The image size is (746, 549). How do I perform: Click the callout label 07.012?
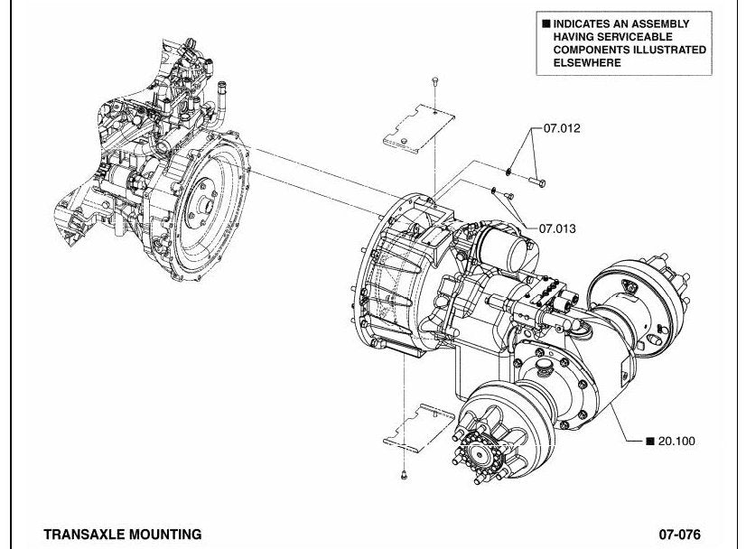[x=562, y=128]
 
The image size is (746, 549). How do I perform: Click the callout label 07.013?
[x=557, y=228]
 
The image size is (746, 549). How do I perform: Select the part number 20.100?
[x=676, y=441]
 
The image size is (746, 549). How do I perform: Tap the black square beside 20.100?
[x=650, y=441]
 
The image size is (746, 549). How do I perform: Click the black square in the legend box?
[x=546, y=23]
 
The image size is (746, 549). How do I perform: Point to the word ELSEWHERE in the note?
[x=587, y=62]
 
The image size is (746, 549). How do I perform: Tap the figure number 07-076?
[x=679, y=535]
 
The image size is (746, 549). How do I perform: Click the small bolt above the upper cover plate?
[x=434, y=81]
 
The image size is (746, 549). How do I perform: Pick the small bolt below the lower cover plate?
[x=404, y=474]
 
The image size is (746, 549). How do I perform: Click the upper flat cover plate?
[x=419, y=128]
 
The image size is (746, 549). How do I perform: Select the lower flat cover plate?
[x=419, y=428]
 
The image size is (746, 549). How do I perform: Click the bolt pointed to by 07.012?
[x=537, y=181]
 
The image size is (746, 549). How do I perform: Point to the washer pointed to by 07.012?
[x=509, y=172]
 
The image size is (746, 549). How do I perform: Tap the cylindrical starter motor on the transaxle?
[x=507, y=247]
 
